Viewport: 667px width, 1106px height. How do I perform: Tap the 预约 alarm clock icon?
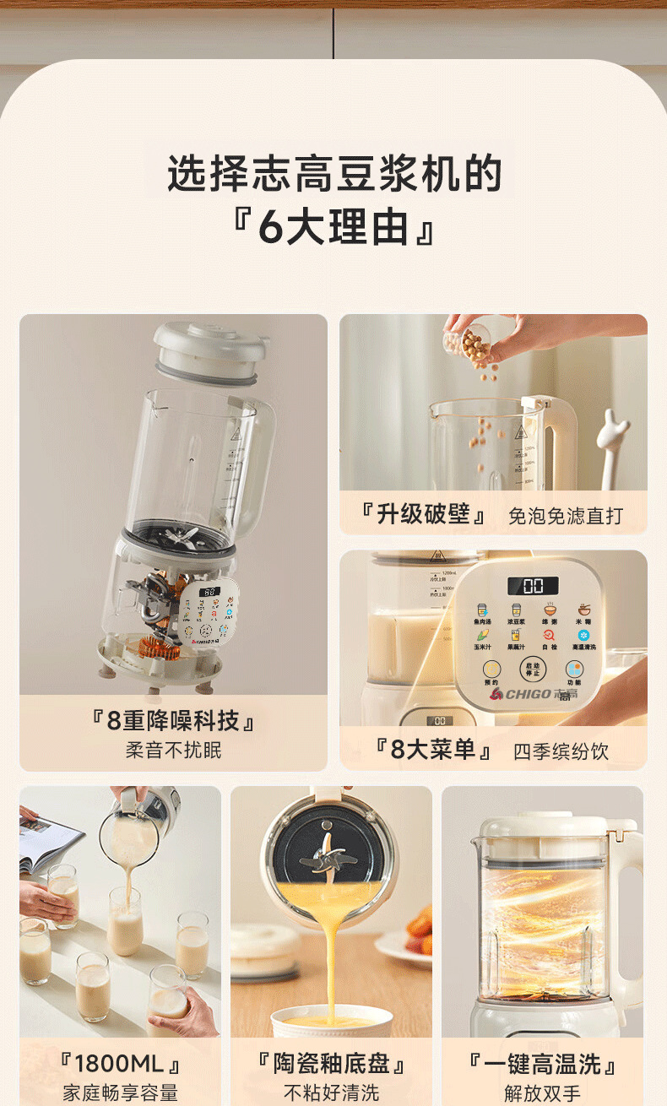pyautogui.click(x=491, y=670)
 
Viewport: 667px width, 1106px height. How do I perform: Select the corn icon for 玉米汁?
pyautogui.click(x=482, y=635)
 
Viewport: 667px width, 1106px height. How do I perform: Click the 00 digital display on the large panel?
pyautogui.click(x=533, y=586)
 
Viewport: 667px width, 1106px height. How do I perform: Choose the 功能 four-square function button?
pyautogui.click(x=574, y=670)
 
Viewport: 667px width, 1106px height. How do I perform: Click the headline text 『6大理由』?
pyautogui.click(x=333, y=228)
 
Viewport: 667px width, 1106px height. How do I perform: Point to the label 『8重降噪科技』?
pyautogui.click(x=173, y=720)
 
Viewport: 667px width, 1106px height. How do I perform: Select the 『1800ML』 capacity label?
pyautogui.click(x=120, y=1064)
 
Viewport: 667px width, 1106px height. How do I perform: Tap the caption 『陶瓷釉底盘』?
pyautogui.click(x=331, y=1064)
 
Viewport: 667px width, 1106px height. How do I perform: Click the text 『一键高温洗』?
pyautogui.click(x=542, y=1064)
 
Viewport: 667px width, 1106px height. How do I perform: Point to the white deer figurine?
pyautogui.click(x=612, y=447)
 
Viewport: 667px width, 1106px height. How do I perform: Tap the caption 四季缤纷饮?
pyautogui.click(x=561, y=751)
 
